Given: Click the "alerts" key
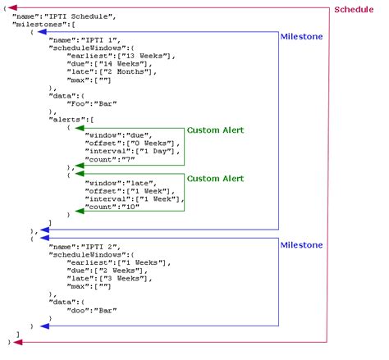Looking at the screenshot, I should [68, 119].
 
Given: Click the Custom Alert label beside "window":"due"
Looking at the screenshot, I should [215, 130].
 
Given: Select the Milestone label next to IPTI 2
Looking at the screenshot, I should [302, 244].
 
